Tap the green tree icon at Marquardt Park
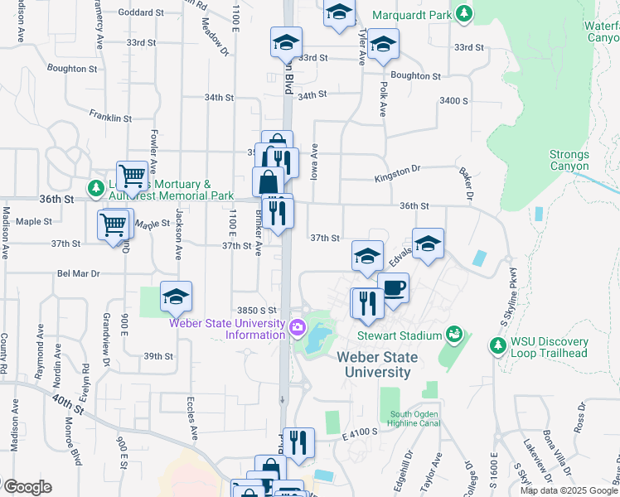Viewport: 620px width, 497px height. click(465, 14)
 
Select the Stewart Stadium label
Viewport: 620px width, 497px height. click(399, 335)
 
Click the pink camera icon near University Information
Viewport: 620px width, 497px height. click(297, 329)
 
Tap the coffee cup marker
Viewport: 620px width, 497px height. click(393, 289)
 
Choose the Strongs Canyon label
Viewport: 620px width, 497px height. click(569, 161)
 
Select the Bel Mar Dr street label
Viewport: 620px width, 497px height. click(78, 273)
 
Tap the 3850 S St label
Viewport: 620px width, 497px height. click(254, 309)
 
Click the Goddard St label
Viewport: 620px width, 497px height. click(141, 12)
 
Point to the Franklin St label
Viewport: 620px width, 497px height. click(111, 118)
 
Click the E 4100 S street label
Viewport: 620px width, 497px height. click(358, 432)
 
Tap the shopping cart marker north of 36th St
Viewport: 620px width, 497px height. click(132, 176)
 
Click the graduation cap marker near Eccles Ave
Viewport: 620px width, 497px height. click(176, 297)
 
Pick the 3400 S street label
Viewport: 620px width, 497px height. click(454, 100)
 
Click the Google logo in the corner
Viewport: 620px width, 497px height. click(27, 487)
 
